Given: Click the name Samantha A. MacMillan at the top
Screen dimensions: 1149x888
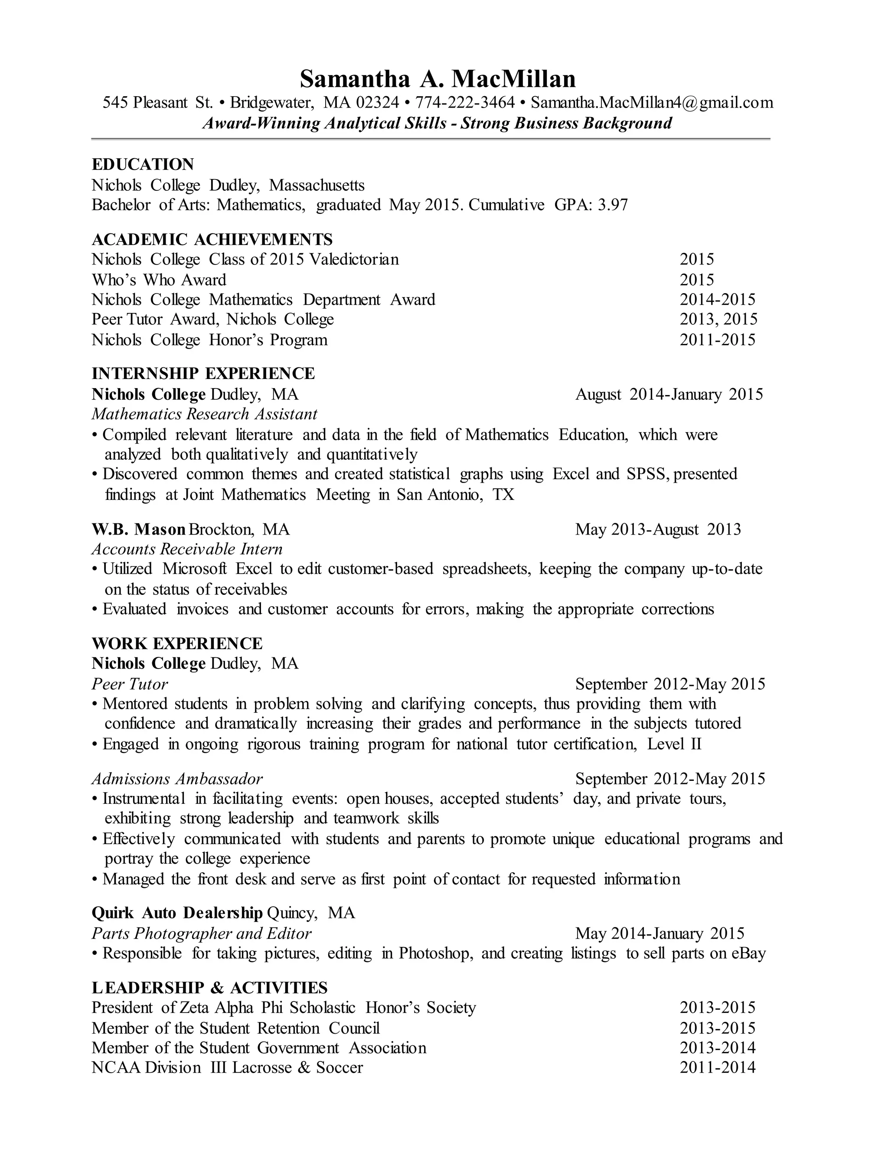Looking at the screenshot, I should pyautogui.click(x=437, y=79).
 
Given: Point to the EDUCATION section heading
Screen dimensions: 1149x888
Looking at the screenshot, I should pyautogui.click(x=143, y=165).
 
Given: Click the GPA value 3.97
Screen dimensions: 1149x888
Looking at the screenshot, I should pyautogui.click(x=612, y=205).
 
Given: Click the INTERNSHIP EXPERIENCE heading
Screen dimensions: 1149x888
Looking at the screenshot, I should pyautogui.click(x=203, y=373).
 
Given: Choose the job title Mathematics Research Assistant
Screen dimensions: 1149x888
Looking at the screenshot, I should pyautogui.click(x=204, y=414).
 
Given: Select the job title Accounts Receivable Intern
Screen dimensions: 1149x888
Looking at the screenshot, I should pyautogui.click(x=187, y=549).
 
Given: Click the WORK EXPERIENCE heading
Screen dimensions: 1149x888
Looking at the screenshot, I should pyautogui.click(x=177, y=643).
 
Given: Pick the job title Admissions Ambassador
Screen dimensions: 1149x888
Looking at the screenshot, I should pyautogui.click(x=177, y=779).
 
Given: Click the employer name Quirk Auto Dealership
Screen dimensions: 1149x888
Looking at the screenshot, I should pyautogui.click(x=177, y=913).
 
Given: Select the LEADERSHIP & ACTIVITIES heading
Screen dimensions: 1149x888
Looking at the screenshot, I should pyautogui.click(x=209, y=987).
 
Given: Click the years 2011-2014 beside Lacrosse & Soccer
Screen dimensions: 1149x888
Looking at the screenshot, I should pyautogui.click(x=717, y=1067).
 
